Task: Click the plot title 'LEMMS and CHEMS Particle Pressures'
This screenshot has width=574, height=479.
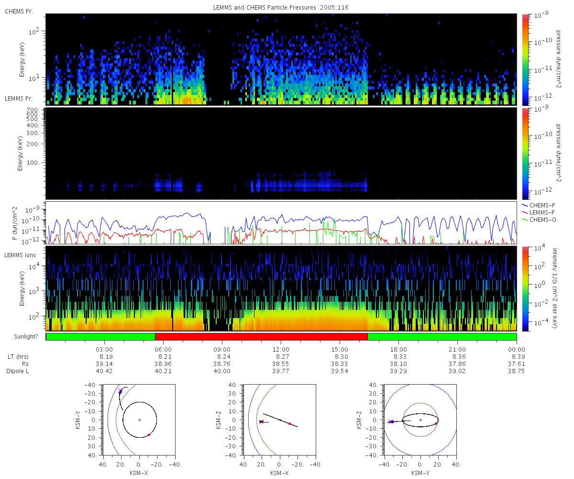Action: click(x=265, y=8)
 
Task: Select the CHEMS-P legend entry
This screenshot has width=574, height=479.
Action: click(x=538, y=205)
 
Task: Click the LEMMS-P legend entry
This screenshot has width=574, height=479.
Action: click(x=538, y=213)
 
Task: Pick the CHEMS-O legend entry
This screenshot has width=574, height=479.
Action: click(x=539, y=220)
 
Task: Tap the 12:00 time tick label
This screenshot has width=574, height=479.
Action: click(x=281, y=350)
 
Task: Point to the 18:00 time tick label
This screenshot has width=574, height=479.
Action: click(x=398, y=350)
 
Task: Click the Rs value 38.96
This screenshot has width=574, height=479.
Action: click(x=163, y=364)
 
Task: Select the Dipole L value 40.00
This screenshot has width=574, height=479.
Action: click(x=222, y=371)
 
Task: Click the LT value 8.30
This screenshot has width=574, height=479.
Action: click(x=340, y=357)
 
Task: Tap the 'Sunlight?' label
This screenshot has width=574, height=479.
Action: click(x=26, y=337)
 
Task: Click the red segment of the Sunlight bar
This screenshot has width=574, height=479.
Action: click(x=261, y=337)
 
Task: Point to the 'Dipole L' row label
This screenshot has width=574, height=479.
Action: click(x=18, y=371)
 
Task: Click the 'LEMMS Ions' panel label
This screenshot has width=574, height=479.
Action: click(x=20, y=255)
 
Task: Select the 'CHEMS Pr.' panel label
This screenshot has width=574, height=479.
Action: click(x=19, y=11)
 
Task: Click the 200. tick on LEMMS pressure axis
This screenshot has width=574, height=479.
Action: click(x=33, y=144)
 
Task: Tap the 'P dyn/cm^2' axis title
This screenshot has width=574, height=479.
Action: click(x=15, y=223)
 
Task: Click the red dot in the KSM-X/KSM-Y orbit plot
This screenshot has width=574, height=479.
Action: click(x=149, y=435)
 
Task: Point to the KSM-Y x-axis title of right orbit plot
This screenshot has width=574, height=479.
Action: click(x=420, y=473)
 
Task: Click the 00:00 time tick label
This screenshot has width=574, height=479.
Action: click(x=516, y=350)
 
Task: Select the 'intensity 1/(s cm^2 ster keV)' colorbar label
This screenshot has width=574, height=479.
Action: click(x=555, y=288)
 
